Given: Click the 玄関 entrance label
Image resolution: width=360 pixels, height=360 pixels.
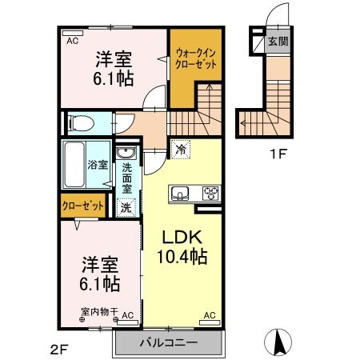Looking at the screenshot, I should click(x=278, y=42).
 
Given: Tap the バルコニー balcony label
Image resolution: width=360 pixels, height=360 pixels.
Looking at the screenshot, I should click(x=168, y=344).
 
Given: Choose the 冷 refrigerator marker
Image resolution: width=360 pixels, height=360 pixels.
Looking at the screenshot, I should click(x=181, y=148).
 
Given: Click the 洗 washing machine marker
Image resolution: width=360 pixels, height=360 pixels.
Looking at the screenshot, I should click(x=126, y=207).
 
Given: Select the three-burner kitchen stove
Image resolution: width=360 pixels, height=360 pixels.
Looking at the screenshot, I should click(x=210, y=193).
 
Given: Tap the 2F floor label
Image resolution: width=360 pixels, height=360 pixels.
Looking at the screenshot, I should click(x=60, y=347).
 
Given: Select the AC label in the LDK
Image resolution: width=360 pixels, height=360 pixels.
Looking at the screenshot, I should click(x=210, y=315).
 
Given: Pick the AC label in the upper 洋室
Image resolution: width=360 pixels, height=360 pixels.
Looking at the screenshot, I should click(x=72, y=40).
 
